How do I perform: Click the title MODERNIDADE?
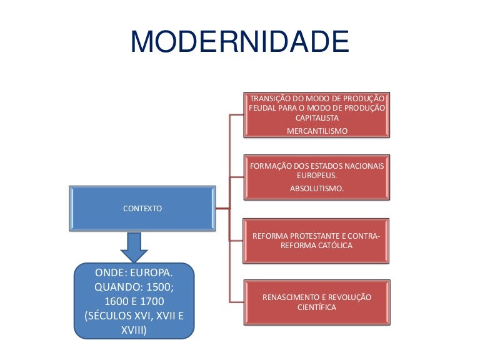(239, 42)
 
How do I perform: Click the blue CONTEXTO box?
(142, 208)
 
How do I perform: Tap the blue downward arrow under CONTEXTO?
(134, 246)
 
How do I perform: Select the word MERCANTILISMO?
(317, 131)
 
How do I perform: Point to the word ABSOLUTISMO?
(317, 188)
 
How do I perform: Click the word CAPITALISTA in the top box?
(317, 117)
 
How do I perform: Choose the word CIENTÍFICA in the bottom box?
(317, 307)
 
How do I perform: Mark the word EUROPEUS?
(317, 176)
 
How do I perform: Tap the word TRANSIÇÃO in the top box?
(270, 98)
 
